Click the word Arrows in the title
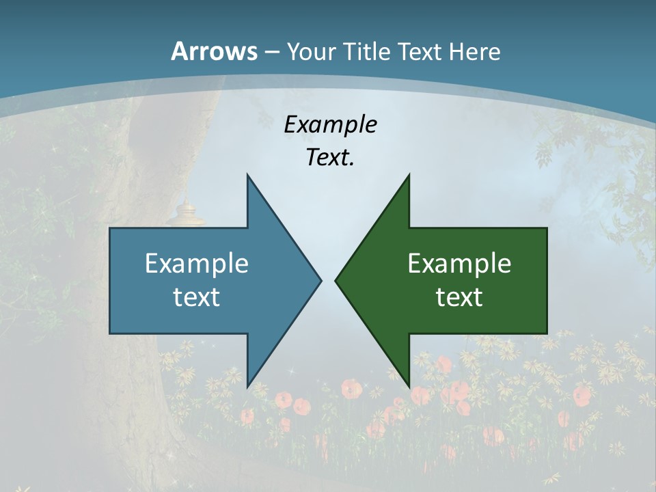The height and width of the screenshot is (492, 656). click(214, 51)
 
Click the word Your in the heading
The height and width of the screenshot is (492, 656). click(311, 52)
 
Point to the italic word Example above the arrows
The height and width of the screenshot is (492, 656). click(330, 124)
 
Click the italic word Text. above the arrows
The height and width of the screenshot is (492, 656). click(330, 157)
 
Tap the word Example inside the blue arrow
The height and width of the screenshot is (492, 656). click(197, 263)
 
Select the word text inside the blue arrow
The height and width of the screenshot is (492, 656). click(197, 297)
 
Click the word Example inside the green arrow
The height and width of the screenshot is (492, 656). click(459, 263)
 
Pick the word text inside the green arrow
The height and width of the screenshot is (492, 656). click(459, 297)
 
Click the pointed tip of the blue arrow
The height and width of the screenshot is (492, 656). click(320, 280)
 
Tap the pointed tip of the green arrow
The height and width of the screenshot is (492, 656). click(336, 280)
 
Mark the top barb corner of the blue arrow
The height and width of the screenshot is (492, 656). click(247, 175)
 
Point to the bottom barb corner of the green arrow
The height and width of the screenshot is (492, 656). click(409, 386)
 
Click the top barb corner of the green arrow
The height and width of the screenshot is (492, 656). click(409, 175)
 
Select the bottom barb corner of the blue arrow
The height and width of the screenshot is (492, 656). click(247, 386)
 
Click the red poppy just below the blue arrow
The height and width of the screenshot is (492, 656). click(301, 406)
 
